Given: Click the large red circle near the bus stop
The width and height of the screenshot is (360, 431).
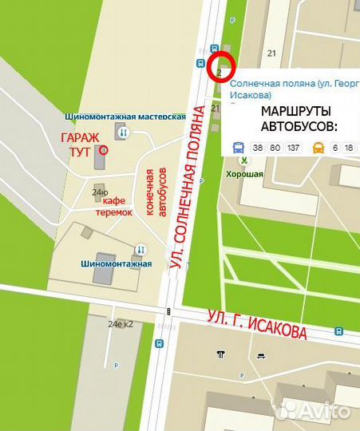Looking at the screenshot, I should coord(220,65).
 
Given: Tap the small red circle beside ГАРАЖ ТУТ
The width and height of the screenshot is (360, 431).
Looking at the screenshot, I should coord(104,148).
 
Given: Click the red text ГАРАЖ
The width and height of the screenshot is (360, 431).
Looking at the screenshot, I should coord(81,136).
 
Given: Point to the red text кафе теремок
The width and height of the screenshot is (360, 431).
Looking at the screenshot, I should coord(115,206).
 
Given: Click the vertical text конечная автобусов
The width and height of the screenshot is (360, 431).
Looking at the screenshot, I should coord(156,192).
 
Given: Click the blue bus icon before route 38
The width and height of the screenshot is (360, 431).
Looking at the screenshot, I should coord(238,148).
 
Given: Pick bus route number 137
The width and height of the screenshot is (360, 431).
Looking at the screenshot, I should coord(292,148).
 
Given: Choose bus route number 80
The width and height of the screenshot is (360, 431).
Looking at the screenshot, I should coord(275,148).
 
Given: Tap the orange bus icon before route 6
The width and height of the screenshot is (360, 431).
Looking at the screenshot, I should coord(318,148).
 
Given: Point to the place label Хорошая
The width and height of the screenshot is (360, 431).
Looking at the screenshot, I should coord(244,173).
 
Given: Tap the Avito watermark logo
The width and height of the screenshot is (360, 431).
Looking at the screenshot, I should coord(311,411).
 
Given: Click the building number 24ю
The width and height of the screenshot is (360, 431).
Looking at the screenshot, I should coord(100,192).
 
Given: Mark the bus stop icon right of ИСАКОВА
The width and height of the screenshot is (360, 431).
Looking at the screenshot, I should coord(339,330).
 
